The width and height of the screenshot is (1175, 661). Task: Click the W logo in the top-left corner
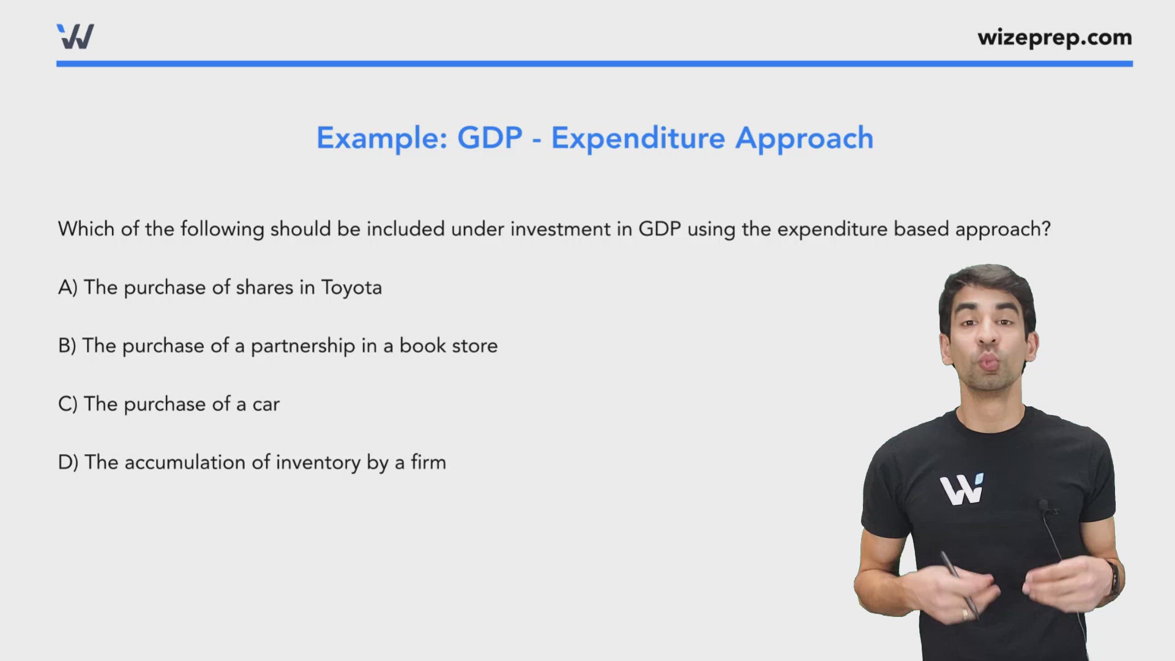coord(75,37)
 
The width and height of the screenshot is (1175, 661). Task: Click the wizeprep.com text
coord(1054,38)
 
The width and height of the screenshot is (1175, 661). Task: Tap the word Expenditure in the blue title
coord(638,138)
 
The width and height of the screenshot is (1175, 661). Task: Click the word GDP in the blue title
coord(490,138)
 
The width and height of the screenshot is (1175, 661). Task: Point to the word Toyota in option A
coord(351,288)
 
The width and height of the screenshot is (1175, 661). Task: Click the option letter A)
coord(68,287)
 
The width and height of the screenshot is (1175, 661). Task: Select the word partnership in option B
coord(303,346)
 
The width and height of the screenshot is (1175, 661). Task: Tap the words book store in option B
coord(449,346)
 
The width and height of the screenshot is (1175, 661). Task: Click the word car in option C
coord(266,405)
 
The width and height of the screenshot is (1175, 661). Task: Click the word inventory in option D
coord(318,463)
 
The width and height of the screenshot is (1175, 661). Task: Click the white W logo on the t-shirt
coord(961,489)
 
